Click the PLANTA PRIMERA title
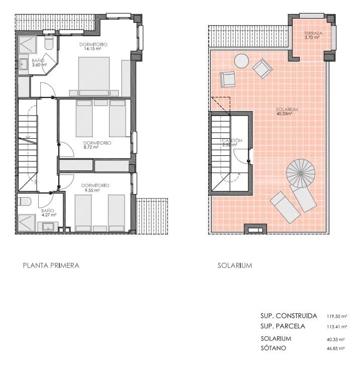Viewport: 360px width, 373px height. [x=51, y=265]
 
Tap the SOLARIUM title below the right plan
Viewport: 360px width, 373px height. [x=235, y=265]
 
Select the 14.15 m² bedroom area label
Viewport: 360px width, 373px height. [x=94, y=49]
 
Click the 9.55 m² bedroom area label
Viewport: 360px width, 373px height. [x=94, y=191]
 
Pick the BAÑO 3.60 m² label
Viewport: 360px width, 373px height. [x=39, y=62]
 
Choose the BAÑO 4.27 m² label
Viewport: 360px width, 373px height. [x=48, y=213]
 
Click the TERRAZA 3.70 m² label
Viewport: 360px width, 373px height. [x=313, y=36]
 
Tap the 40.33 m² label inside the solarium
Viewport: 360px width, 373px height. [x=285, y=114]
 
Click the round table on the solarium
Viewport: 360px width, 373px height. [x=241, y=61]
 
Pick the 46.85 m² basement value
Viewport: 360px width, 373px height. [x=335, y=348]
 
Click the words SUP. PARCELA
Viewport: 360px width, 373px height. [x=283, y=326]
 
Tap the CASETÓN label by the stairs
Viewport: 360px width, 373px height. [x=232, y=141]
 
